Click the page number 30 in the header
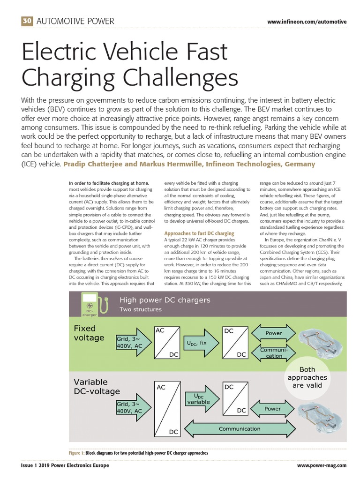pos(27,21)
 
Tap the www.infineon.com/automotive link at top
pos(307,22)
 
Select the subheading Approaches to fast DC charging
pos(199,233)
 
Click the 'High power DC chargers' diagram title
pos(165,300)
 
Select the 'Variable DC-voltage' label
pos(97,386)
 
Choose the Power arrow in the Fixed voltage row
pos(274,333)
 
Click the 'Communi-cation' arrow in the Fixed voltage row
pos(274,352)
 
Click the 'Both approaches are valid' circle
pos(307,377)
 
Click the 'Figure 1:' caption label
pos(76,453)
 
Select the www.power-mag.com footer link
pos(322,465)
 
